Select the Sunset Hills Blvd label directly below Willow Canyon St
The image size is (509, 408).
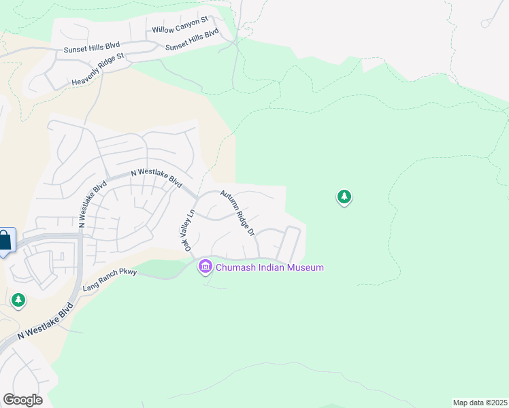tap(192, 39)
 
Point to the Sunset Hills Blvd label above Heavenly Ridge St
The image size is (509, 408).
tap(91, 48)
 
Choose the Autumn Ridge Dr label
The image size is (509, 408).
tap(237, 213)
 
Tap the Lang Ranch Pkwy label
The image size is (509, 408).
tap(110, 279)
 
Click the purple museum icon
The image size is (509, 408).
tap(205, 267)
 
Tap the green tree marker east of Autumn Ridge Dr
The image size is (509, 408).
tap(344, 197)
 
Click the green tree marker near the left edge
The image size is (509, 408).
tap(18, 299)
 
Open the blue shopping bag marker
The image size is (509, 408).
tap(4, 240)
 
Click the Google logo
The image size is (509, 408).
tap(22, 399)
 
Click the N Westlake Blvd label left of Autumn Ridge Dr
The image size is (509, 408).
tap(156, 177)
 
